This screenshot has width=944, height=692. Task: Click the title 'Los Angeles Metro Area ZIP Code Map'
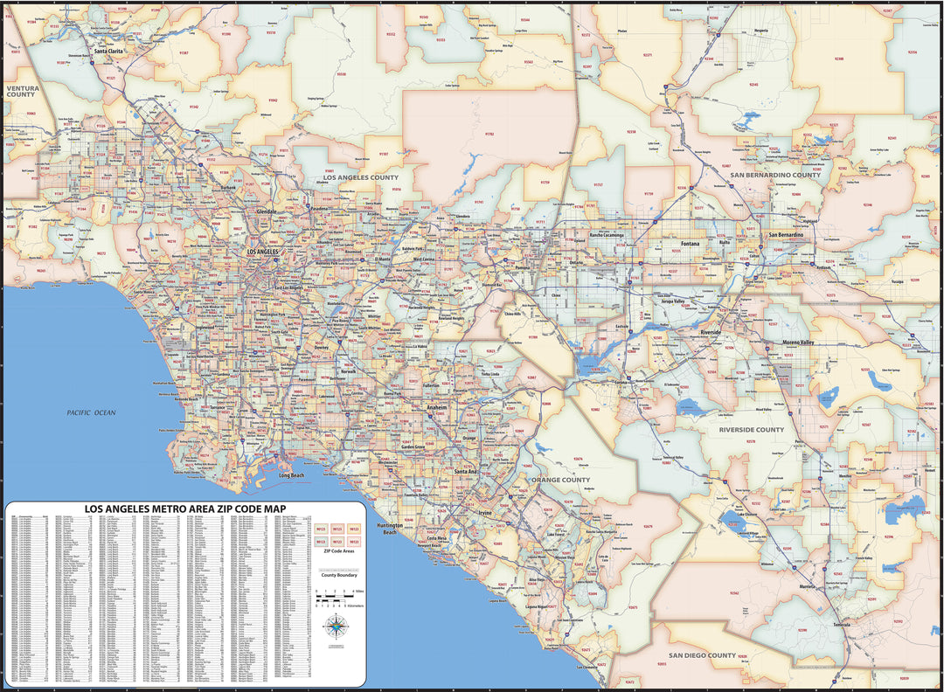click(x=184, y=509)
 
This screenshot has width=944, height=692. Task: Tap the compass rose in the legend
click(x=335, y=626)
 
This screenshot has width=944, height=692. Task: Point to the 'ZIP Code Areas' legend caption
click(x=338, y=551)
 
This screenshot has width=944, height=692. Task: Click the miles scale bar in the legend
click(x=333, y=599)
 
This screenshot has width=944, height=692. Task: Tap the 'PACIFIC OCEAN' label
click(x=92, y=412)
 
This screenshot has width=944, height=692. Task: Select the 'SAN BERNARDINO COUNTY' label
click(x=775, y=175)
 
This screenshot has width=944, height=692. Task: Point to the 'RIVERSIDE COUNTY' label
click(x=752, y=430)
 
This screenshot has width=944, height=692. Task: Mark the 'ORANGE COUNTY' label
click(x=564, y=480)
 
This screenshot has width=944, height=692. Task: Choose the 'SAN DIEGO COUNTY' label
click(x=703, y=655)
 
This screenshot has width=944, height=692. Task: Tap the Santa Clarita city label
click(x=109, y=52)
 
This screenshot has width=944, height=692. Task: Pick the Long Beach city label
click(x=291, y=475)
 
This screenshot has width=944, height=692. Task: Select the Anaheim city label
click(x=436, y=407)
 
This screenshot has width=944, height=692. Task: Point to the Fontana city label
click(x=690, y=244)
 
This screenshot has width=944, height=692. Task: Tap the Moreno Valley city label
click(x=797, y=342)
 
